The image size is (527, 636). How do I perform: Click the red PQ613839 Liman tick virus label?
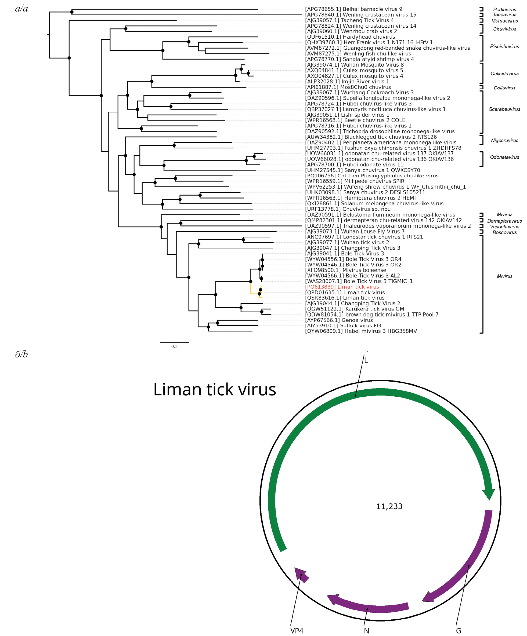(342, 287)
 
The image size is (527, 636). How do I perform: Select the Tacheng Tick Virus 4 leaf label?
(349, 20)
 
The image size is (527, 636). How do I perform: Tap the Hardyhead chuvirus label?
(350, 37)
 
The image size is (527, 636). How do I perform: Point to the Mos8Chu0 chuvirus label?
(348, 87)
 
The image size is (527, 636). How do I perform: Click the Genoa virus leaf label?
(339, 320)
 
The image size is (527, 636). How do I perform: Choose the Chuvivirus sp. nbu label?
(348, 209)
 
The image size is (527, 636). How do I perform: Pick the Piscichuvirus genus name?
(504, 47)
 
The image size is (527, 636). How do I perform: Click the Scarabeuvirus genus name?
(504, 109)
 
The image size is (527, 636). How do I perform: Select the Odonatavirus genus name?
(504, 157)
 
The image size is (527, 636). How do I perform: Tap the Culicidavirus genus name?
(504, 74)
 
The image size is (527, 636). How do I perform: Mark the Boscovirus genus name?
(504, 233)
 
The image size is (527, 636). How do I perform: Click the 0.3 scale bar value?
(174, 346)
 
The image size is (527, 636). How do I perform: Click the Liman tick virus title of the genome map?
(214, 389)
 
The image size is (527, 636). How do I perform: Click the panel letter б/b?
(21, 354)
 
